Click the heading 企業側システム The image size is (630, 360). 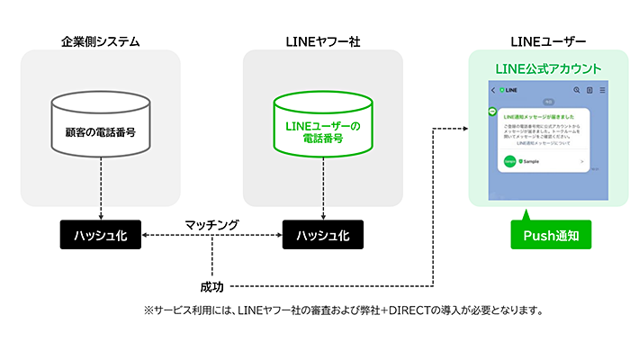pyautogui.click(x=100, y=41)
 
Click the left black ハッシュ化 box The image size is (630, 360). pyautogui.click(x=100, y=235)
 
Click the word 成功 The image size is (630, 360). pyautogui.click(x=213, y=286)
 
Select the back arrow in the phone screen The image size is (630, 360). pyautogui.click(x=493, y=90)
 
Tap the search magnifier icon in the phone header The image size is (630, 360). pyautogui.click(x=576, y=90)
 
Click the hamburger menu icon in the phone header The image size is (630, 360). pyautogui.click(x=601, y=90)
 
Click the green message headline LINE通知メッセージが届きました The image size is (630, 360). pyautogui.click(x=538, y=117)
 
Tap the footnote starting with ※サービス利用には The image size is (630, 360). pyautogui.click(x=342, y=310)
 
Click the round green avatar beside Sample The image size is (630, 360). pyautogui.click(x=509, y=162)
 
